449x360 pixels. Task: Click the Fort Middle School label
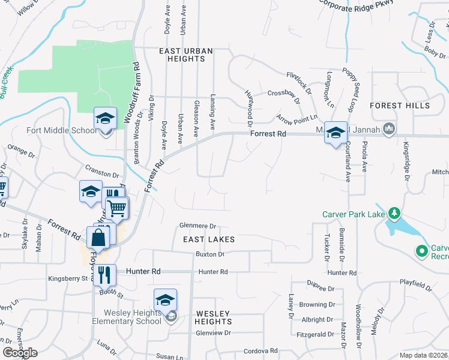[x=60, y=130]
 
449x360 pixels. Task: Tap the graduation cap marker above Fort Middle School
[x=105, y=118]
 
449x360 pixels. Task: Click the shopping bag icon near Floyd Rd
[x=98, y=237]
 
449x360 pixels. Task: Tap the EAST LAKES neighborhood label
[x=209, y=239]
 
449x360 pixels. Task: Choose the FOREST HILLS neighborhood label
[x=400, y=106]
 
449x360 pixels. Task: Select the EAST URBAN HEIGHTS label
[x=186, y=55]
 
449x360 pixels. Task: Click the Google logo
[x=20, y=353]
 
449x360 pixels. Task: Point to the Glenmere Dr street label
[x=197, y=226]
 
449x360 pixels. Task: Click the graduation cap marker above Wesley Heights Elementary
[x=166, y=299]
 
